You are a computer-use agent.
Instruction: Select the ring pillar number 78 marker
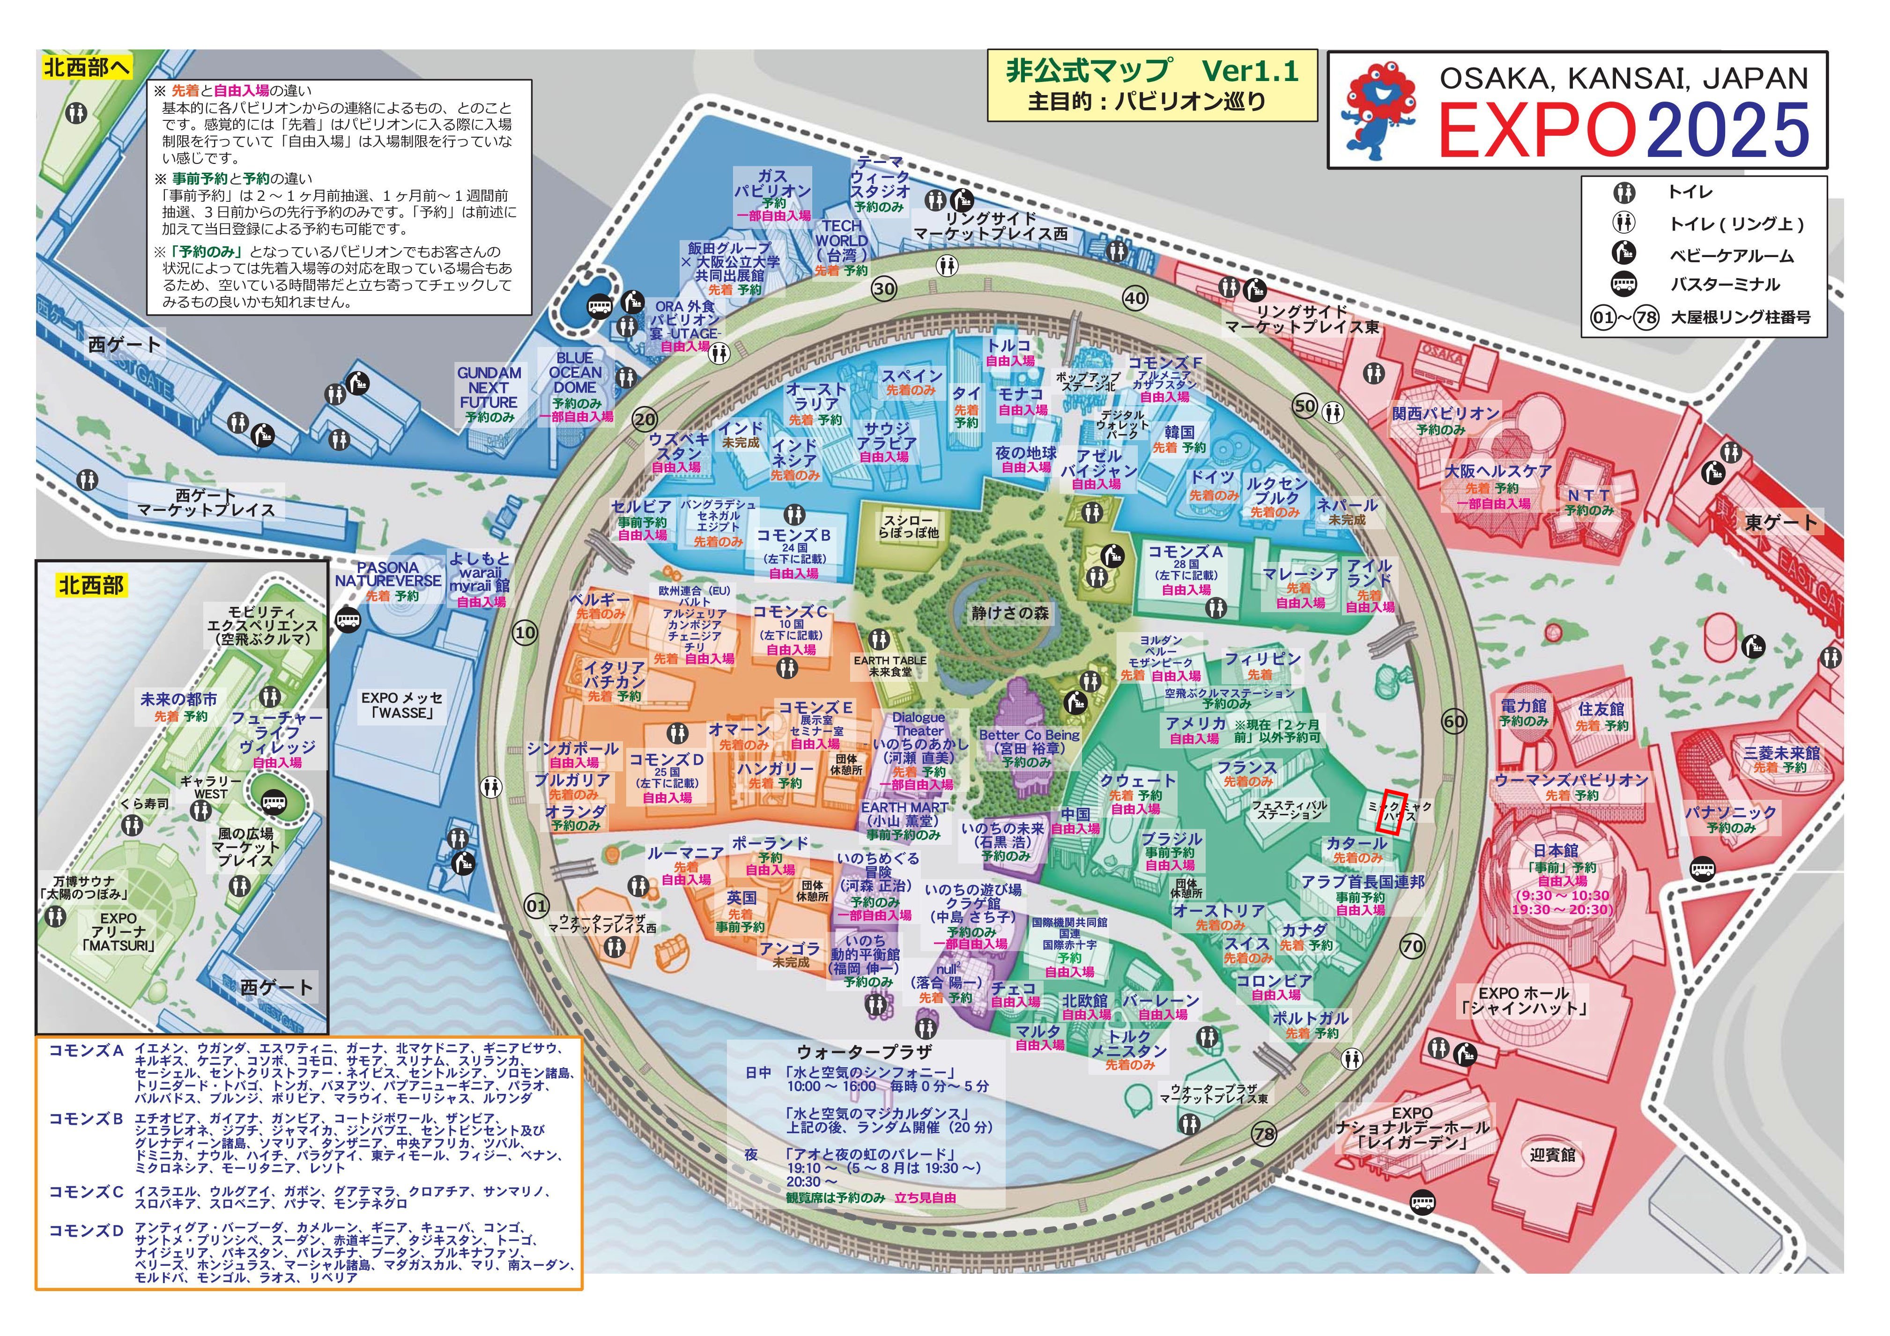tap(1264, 1134)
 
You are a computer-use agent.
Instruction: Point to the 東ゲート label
tap(1780, 522)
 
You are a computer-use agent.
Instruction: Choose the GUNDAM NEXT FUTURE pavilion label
tap(489, 388)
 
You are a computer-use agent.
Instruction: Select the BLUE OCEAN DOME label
tap(575, 373)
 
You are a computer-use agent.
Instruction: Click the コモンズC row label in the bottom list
tap(86, 1191)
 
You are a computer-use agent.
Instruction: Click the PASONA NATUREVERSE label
tap(388, 574)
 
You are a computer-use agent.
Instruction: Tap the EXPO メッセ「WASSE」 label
tap(402, 705)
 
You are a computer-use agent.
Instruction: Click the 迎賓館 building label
tap(1552, 1155)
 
